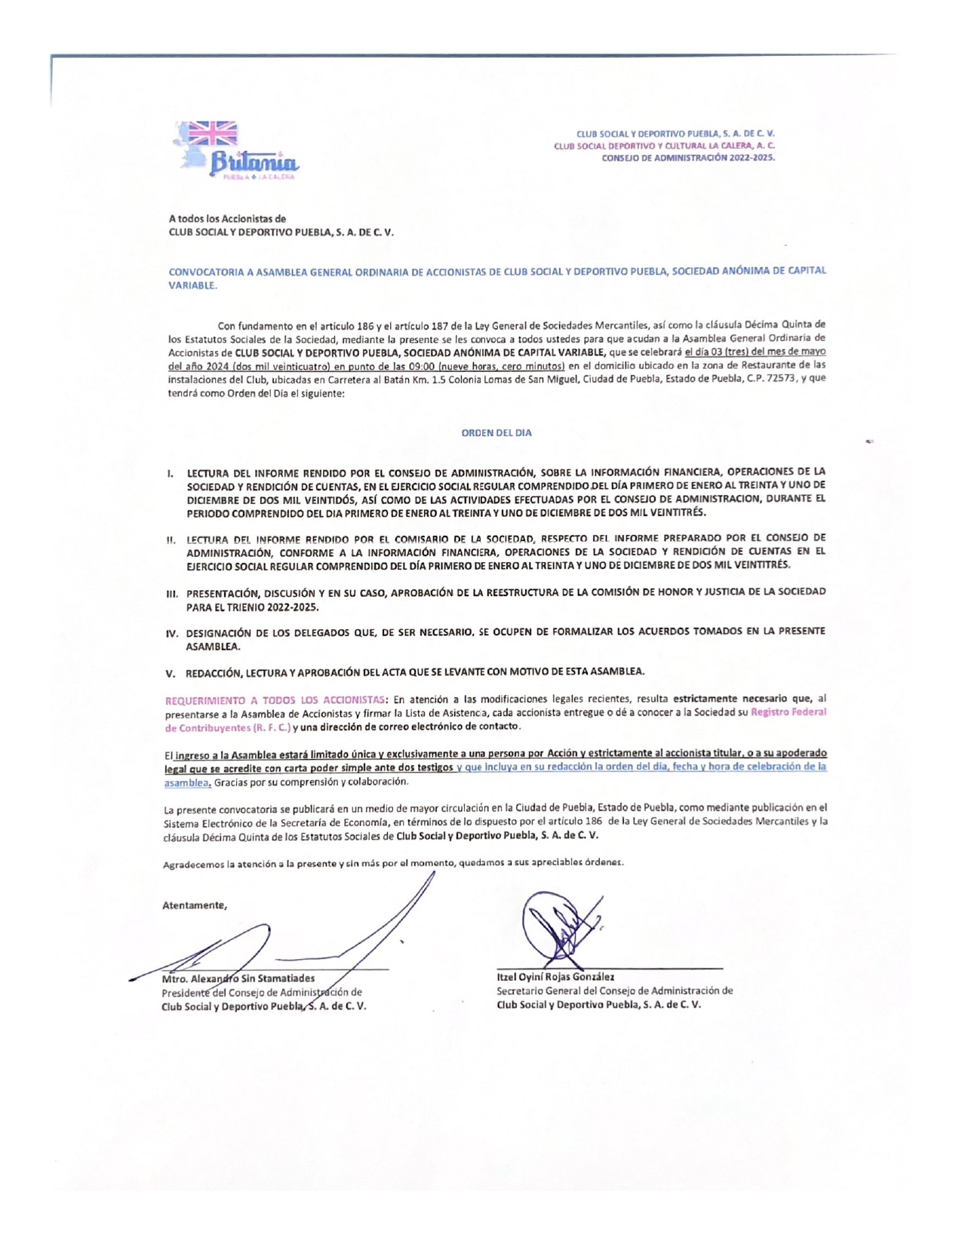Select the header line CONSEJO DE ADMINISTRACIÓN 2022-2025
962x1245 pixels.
pos(687,158)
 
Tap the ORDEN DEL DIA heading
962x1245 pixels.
pos(496,433)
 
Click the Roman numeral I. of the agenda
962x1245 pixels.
pos(171,473)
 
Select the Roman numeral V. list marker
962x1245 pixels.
pos(171,672)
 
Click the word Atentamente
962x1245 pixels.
pos(195,905)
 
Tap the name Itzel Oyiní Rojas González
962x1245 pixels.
pos(555,976)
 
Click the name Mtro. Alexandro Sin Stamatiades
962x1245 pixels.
pos(238,979)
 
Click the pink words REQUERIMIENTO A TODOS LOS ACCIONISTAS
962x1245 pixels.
pos(275,699)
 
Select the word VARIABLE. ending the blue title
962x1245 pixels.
pos(192,285)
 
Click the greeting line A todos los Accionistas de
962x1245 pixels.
pos(227,219)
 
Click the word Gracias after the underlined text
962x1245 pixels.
pos(230,782)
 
